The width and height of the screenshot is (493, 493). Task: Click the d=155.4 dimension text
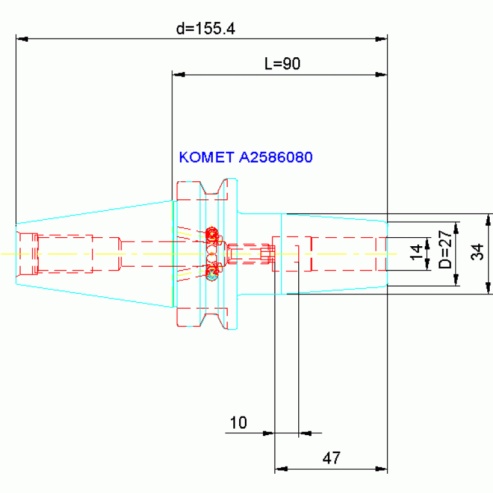tap(205, 29)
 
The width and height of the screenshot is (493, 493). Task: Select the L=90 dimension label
tap(282, 64)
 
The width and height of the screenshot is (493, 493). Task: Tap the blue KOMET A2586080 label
tap(246, 157)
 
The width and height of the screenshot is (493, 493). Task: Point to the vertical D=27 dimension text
tap(445, 249)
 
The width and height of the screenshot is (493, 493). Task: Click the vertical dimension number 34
tap(478, 252)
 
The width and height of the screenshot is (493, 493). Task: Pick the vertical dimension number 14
tap(417, 252)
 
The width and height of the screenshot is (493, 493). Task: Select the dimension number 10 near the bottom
tap(238, 422)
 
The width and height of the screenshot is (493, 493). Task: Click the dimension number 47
tap(331, 458)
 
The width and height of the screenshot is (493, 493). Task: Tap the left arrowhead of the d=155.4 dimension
tap(22, 39)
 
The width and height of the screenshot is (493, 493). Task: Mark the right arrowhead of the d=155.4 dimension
tap(381, 39)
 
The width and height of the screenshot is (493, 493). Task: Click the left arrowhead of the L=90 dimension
tap(178, 75)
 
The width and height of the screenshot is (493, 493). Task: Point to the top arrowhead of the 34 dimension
tap(488, 220)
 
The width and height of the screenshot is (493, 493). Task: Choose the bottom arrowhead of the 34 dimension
tap(488, 288)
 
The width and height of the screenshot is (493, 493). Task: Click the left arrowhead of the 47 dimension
tap(281, 469)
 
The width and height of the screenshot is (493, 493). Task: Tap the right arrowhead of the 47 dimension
tap(381, 469)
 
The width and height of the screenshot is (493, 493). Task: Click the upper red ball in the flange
tap(212, 234)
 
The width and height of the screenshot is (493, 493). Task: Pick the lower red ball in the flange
tap(212, 273)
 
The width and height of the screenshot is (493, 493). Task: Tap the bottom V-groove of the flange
tap(213, 321)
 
